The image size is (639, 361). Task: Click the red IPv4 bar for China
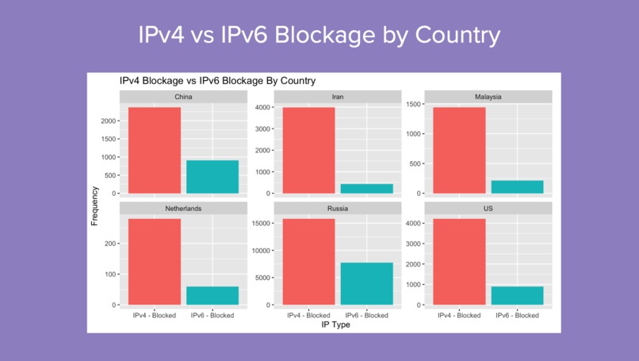click(154, 150)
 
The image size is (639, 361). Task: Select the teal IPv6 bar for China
click(212, 177)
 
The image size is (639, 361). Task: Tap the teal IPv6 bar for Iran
click(366, 189)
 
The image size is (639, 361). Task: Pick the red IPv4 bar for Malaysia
click(459, 150)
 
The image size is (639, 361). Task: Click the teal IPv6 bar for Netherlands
click(212, 296)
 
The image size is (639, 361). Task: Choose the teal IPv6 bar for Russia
click(366, 283)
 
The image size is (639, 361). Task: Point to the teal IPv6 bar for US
click(518, 296)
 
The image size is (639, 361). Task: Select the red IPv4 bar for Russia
click(308, 261)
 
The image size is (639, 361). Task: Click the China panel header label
click(183, 98)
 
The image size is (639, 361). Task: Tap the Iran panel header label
click(338, 98)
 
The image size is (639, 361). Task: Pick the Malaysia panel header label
click(488, 98)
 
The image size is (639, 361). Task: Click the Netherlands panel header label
click(183, 209)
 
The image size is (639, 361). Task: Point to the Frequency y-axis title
click(95, 205)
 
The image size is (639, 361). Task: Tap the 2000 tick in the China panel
click(109, 121)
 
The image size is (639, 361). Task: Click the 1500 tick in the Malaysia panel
click(413, 104)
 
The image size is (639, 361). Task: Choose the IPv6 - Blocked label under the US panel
click(518, 315)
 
